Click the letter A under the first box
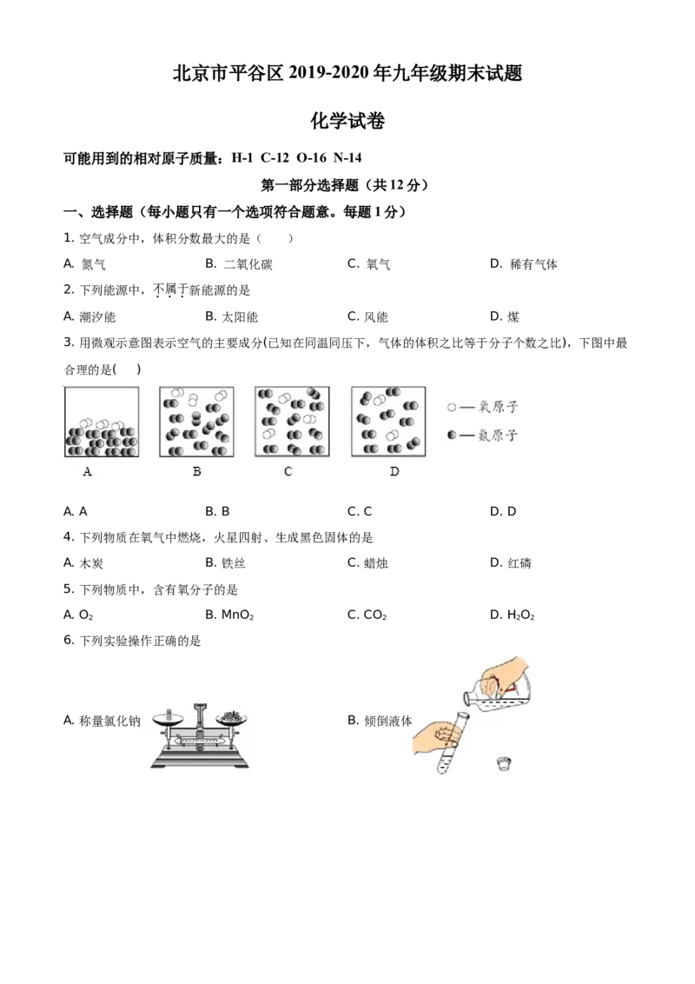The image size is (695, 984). click(87, 471)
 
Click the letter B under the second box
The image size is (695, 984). click(196, 471)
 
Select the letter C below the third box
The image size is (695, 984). click(288, 471)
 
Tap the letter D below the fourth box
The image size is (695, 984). click(394, 471)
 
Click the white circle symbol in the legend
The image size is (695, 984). click(451, 407)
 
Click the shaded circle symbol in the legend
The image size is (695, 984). click(451, 434)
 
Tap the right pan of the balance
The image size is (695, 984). click(232, 719)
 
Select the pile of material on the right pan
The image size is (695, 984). click(232, 715)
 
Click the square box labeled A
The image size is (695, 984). click(102, 422)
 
